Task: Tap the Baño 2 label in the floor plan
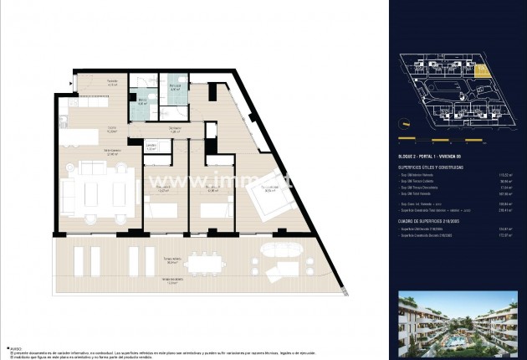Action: coord(143,102)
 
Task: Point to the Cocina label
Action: coord(110,129)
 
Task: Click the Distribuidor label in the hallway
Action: coord(175,130)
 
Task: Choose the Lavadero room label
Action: coord(151,147)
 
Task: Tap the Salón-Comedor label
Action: coord(110,152)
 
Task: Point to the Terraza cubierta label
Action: coord(173,260)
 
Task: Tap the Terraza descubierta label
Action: coord(173,281)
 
